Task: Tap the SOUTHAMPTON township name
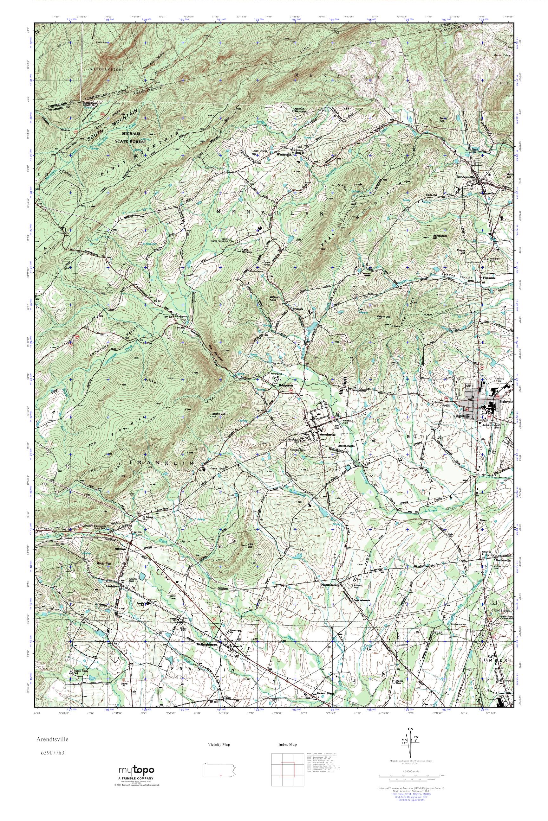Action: click(106, 70)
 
